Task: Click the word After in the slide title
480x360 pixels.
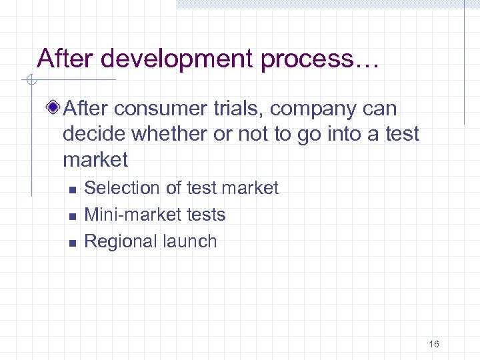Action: coord(63,59)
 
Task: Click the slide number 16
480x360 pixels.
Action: coord(434,344)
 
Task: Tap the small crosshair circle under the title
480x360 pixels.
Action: coord(31,81)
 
